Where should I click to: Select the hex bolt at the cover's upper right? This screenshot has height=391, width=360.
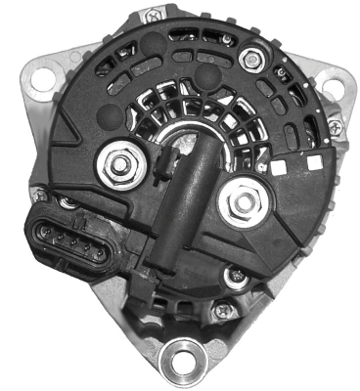(254, 60)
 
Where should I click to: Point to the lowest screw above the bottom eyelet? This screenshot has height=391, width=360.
(221, 311)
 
